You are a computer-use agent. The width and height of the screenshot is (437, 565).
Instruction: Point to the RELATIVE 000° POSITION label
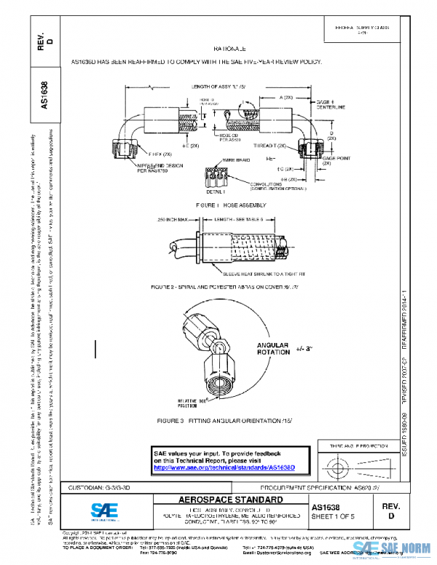click(210, 402)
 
